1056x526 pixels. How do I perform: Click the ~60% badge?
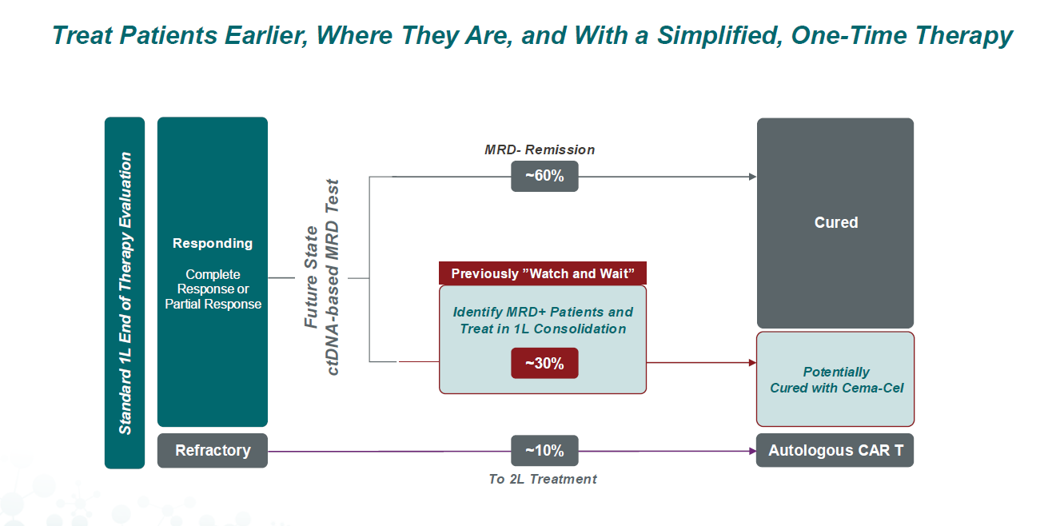544,176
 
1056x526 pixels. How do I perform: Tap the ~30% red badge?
544,363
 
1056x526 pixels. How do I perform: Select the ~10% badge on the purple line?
544,451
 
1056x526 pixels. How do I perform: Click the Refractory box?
213,451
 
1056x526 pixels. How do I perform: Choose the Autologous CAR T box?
835,451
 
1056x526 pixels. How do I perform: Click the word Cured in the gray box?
836,222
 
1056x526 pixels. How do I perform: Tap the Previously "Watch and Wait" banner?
543,273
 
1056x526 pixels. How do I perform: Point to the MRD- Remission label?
540,149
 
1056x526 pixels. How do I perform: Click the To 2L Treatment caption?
543,479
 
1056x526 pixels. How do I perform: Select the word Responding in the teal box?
213,243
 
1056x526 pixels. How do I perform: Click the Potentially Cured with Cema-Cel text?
836,380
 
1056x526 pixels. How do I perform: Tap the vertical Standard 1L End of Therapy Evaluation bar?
125,293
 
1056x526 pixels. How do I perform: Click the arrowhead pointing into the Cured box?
752,177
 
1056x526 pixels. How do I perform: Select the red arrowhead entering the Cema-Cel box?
752,362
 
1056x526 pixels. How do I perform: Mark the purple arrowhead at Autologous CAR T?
752,451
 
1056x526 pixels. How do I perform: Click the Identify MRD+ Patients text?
543,312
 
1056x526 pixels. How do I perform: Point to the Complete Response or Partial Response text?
213,289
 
